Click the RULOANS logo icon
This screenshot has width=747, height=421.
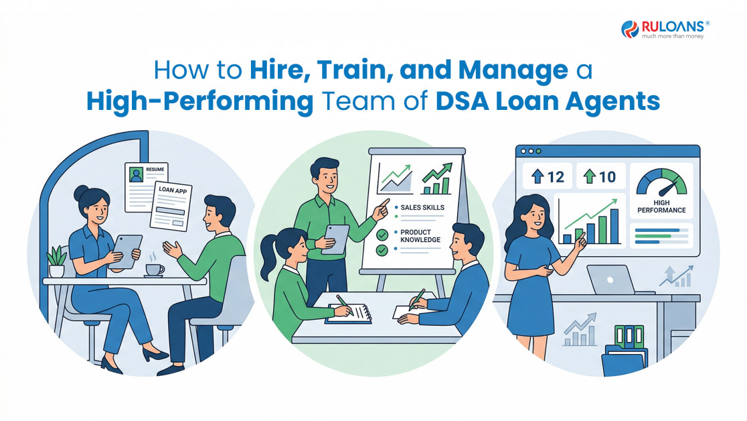pos(630,29)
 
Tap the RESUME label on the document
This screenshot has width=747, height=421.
pos(155,170)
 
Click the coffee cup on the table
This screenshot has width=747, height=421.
pos(155,270)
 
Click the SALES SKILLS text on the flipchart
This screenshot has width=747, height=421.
pos(422,208)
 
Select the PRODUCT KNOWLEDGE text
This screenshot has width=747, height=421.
pos(420,236)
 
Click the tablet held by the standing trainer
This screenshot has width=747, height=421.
pos(336,239)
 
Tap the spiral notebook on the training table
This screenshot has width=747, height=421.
pos(349,314)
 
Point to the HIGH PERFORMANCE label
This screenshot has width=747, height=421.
pos(662,206)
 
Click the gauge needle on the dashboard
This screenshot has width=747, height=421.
pos(669,188)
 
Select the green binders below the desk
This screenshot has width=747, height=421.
pos(629,336)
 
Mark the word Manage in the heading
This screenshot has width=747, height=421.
pos(513,71)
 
